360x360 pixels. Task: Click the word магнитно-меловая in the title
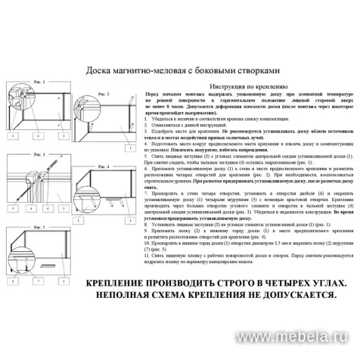coord(147,70)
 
